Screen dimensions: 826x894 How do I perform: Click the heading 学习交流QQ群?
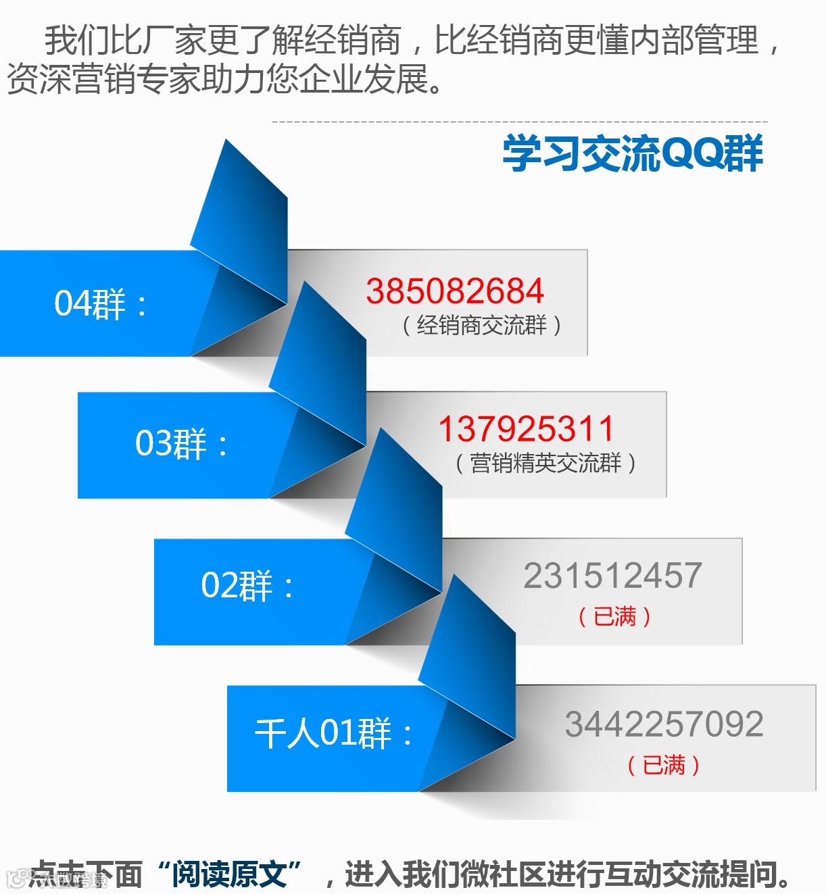tap(632, 153)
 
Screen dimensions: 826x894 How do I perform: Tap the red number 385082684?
tap(455, 291)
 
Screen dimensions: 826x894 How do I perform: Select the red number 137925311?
tap(527, 429)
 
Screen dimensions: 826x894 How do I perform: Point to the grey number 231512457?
tap(613, 576)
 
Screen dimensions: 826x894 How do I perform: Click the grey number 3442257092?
tap(664, 724)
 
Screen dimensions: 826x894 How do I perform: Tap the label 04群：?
tap(100, 303)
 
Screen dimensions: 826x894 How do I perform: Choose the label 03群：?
tap(181, 444)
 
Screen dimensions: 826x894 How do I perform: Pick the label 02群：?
tap(247, 585)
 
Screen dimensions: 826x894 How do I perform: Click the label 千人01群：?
tap(333, 732)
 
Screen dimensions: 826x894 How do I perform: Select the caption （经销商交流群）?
tap(481, 326)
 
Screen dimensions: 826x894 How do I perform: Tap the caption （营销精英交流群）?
tap(545, 464)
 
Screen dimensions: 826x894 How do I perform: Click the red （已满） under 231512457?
tap(614, 616)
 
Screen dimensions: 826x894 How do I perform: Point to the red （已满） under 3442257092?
tap(664, 765)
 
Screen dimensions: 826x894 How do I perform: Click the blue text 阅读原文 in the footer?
tap(229, 874)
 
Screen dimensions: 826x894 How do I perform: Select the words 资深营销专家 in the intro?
tap(103, 80)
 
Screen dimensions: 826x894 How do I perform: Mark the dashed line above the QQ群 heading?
tap(519, 122)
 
